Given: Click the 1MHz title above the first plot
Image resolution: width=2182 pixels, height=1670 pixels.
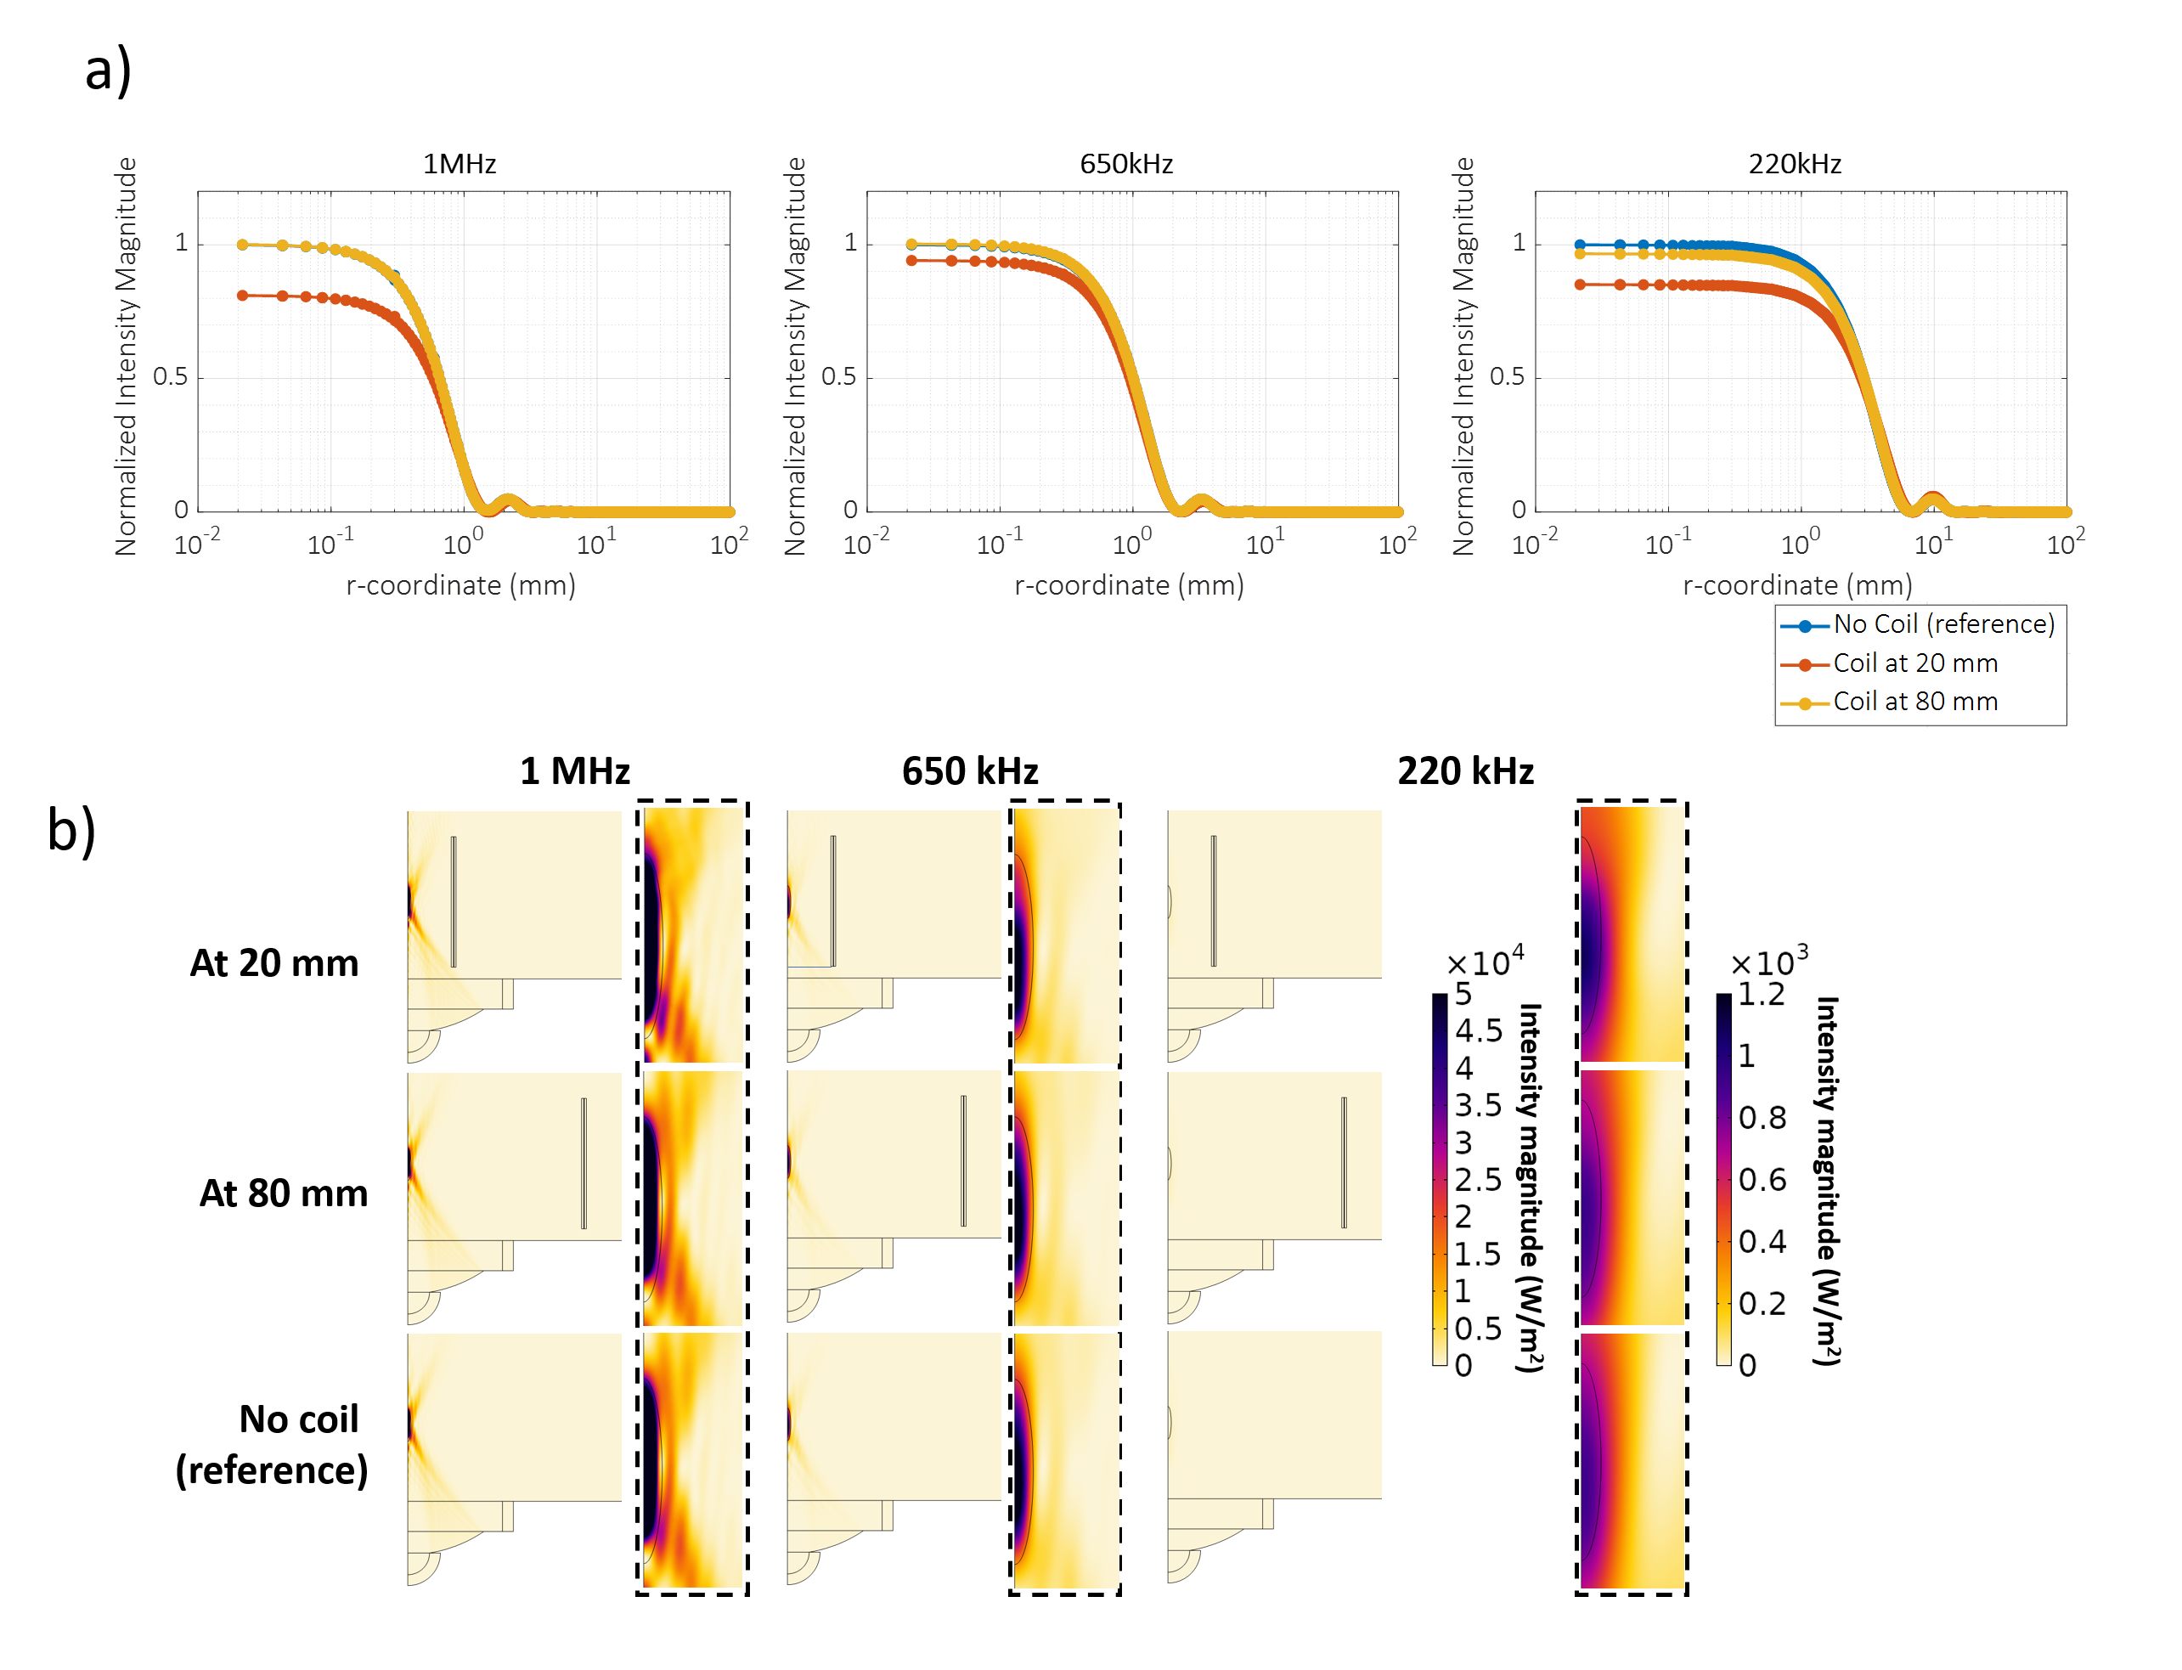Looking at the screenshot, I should click(460, 163).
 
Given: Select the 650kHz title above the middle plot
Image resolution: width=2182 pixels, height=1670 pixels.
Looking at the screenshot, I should click(1126, 163).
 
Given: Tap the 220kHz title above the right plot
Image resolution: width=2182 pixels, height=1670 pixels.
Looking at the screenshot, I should click(1795, 163).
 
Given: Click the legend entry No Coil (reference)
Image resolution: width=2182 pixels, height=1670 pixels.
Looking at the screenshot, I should click(1942, 624).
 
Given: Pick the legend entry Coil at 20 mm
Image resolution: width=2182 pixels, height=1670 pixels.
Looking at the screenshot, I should click(1914, 663).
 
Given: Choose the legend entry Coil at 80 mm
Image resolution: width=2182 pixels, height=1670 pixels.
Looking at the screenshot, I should click(1914, 702).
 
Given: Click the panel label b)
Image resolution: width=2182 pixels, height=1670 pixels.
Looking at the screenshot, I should click(71, 830).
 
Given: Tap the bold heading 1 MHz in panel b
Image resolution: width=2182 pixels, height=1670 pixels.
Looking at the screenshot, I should click(574, 771).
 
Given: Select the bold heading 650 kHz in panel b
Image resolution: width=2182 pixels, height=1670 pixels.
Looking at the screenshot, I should click(969, 771).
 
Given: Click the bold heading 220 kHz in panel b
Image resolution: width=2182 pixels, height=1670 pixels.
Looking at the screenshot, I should click(1465, 771).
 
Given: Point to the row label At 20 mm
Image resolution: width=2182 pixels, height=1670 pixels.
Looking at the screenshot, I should click(274, 963).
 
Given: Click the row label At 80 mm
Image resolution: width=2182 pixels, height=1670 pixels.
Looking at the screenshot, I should click(284, 1193).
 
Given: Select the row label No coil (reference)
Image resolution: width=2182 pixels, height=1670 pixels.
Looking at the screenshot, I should click(273, 1444).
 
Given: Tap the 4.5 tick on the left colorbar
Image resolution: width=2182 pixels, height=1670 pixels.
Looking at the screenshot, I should click(1478, 1031).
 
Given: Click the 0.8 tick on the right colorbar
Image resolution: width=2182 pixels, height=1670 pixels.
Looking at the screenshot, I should click(1762, 1119).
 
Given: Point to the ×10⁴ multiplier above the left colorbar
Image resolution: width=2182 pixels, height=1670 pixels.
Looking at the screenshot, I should click(1486, 962).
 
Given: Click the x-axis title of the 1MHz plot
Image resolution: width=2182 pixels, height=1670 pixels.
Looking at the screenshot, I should click(460, 585).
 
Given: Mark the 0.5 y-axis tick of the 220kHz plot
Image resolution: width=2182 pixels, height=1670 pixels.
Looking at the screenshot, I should click(1506, 377).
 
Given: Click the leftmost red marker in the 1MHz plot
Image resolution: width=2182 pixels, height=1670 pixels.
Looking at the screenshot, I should click(243, 296).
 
